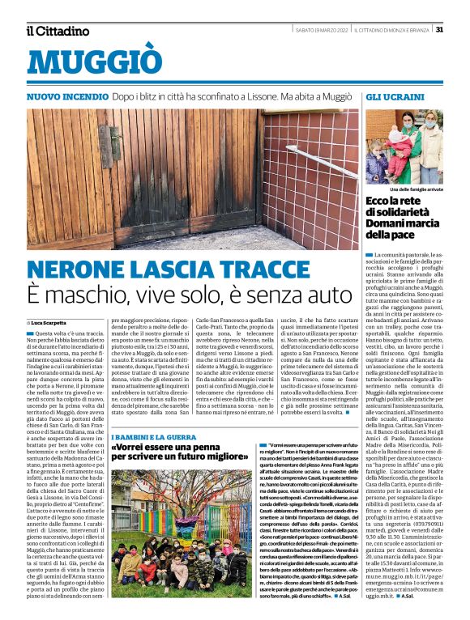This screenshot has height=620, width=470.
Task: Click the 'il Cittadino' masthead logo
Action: (57, 31)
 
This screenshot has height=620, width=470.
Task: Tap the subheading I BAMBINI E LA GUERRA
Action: (154, 437)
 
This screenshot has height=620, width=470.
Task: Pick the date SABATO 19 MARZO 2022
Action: (323, 30)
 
